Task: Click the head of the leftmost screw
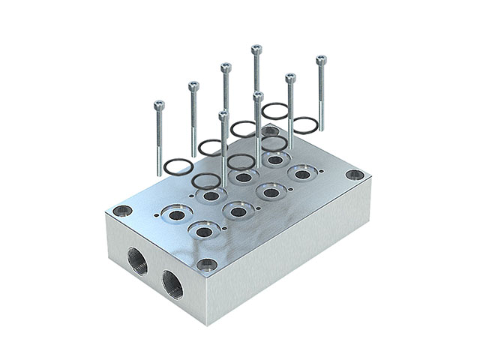coord(158,103)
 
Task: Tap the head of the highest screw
coord(256,49)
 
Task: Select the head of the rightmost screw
coord(321,59)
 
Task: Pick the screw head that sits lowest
coord(223,114)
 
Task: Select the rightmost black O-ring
coord(306,124)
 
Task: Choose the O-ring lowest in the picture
coord(205,181)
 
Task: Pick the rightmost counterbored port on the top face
coord(302,175)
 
